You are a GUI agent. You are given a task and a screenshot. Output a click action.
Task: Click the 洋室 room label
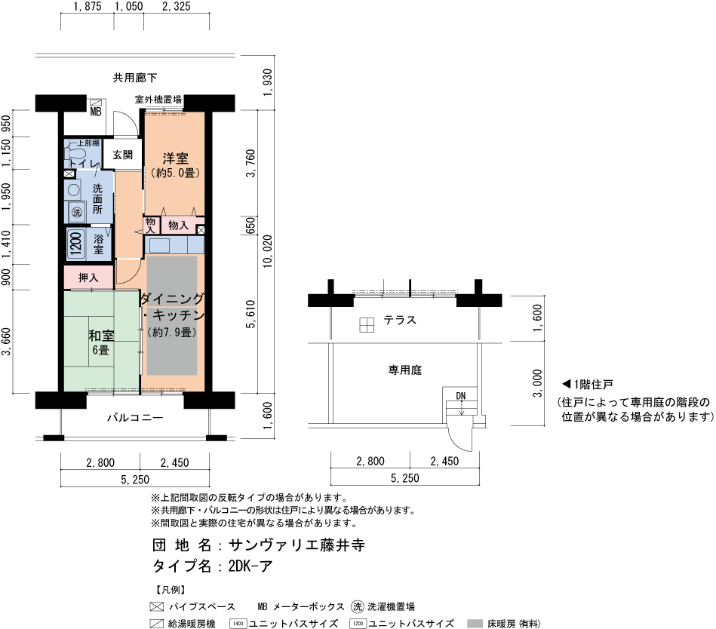175,158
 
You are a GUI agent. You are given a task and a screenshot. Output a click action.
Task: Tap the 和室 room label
101,336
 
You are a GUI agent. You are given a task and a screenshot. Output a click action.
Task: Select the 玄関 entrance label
122,155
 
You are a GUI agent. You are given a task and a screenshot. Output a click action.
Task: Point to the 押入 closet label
88,278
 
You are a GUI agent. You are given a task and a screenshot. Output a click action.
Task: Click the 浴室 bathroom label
99,244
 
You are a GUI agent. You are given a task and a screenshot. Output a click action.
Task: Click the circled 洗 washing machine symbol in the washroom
77,212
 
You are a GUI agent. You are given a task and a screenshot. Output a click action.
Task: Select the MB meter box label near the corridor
96,111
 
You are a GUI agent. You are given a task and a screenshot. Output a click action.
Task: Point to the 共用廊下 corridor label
135,78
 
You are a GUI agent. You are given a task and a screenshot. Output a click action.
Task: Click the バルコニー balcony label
135,418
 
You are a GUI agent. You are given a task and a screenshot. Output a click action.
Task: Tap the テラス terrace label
400,320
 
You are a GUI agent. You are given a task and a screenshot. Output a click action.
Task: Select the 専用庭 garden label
405,370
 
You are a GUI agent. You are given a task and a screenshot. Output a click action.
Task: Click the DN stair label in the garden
461,396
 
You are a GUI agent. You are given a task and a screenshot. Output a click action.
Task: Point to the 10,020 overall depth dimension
268,251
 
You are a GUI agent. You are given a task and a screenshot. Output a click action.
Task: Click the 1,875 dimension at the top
88,6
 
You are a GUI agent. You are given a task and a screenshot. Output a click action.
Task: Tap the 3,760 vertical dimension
250,163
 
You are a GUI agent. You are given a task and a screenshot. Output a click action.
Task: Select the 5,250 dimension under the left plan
135,479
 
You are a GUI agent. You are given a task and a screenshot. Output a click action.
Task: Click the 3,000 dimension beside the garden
538,383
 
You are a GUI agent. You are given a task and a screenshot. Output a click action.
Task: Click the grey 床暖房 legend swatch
475,624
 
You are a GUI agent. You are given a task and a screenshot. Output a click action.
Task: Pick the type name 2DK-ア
250,566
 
